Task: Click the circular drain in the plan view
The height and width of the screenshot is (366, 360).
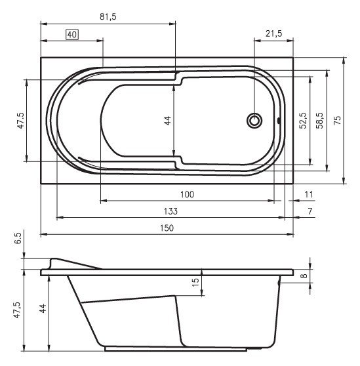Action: click(x=254, y=121)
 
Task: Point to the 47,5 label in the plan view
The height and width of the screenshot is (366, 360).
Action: click(x=20, y=121)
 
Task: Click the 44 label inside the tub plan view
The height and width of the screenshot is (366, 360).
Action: click(x=168, y=121)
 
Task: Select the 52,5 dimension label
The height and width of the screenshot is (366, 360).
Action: click(x=302, y=121)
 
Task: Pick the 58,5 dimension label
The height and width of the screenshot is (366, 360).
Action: click(x=319, y=121)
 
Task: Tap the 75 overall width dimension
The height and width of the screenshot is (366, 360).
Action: click(x=337, y=121)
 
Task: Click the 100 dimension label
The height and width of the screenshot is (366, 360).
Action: click(x=188, y=195)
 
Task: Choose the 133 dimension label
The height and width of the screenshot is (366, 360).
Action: click(x=170, y=211)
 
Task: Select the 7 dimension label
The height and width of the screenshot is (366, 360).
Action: click(x=309, y=211)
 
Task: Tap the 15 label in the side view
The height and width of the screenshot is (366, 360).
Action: click(x=195, y=282)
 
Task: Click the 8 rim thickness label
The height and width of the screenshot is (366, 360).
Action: click(x=304, y=276)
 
